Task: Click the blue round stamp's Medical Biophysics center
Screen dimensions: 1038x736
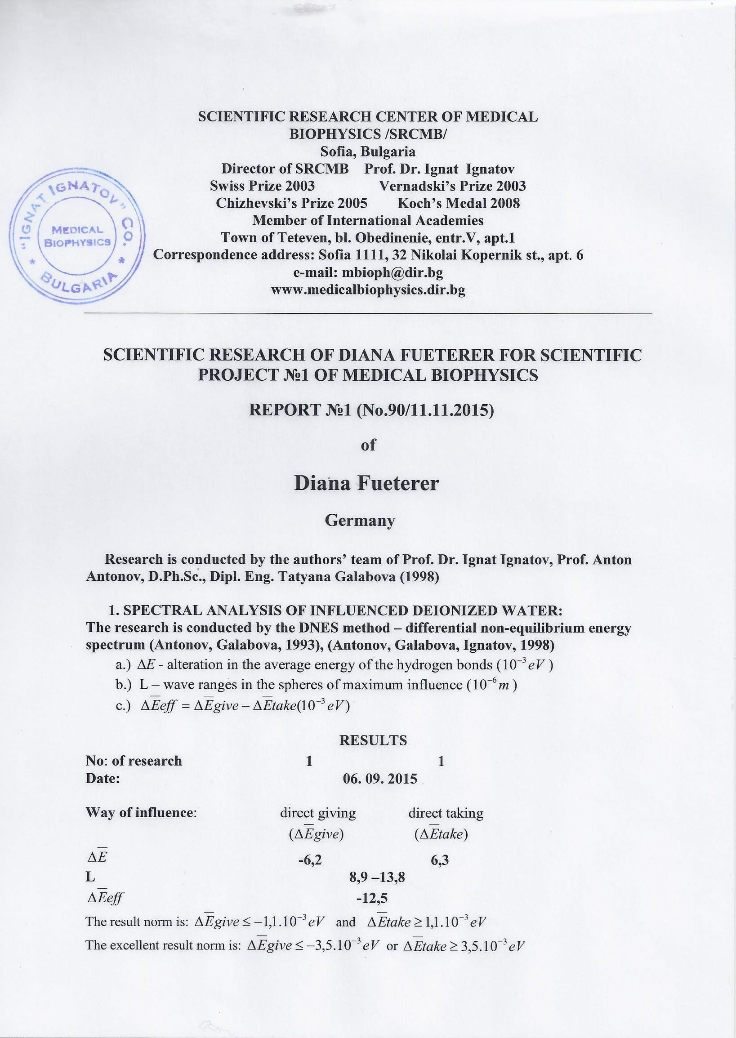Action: (77, 235)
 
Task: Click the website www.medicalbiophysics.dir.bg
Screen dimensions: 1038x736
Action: (367, 290)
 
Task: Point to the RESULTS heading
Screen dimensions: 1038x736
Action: (373, 740)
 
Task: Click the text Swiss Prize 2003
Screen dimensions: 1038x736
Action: (263, 186)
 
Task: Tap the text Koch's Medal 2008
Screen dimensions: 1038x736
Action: (459, 203)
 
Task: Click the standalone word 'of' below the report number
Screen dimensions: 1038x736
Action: (368, 445)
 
